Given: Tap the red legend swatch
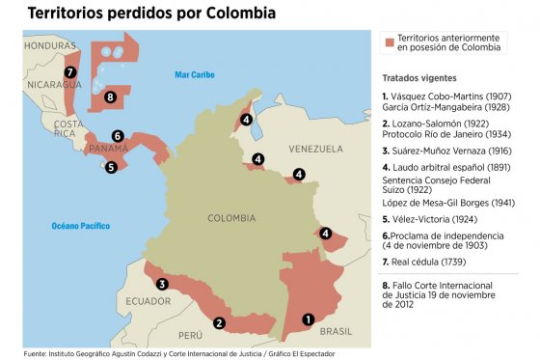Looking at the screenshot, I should click(x=390, y=42).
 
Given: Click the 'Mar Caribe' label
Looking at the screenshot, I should click(x=195, y=74).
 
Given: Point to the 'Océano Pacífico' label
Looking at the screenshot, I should click(x=81, y=226).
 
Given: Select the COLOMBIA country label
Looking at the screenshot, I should click(x=231, y=218).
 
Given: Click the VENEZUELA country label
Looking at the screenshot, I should click(x=314, y=150).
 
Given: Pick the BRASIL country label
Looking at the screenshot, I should click(x=337, y=330).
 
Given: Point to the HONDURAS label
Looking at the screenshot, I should click(x=50, y=45).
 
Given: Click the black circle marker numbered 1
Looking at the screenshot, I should click(x=308, y=318).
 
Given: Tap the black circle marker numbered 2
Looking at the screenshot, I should click(x=220, y=324).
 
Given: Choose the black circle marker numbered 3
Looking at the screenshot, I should click(x=162, y=284).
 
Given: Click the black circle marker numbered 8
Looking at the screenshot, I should click(x=110, y=97).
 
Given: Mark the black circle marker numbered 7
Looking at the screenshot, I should click(x=69, y=71).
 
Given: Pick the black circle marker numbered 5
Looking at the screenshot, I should click(x=111, y=166).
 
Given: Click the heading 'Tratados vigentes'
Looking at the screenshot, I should click(x=419, y=76).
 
